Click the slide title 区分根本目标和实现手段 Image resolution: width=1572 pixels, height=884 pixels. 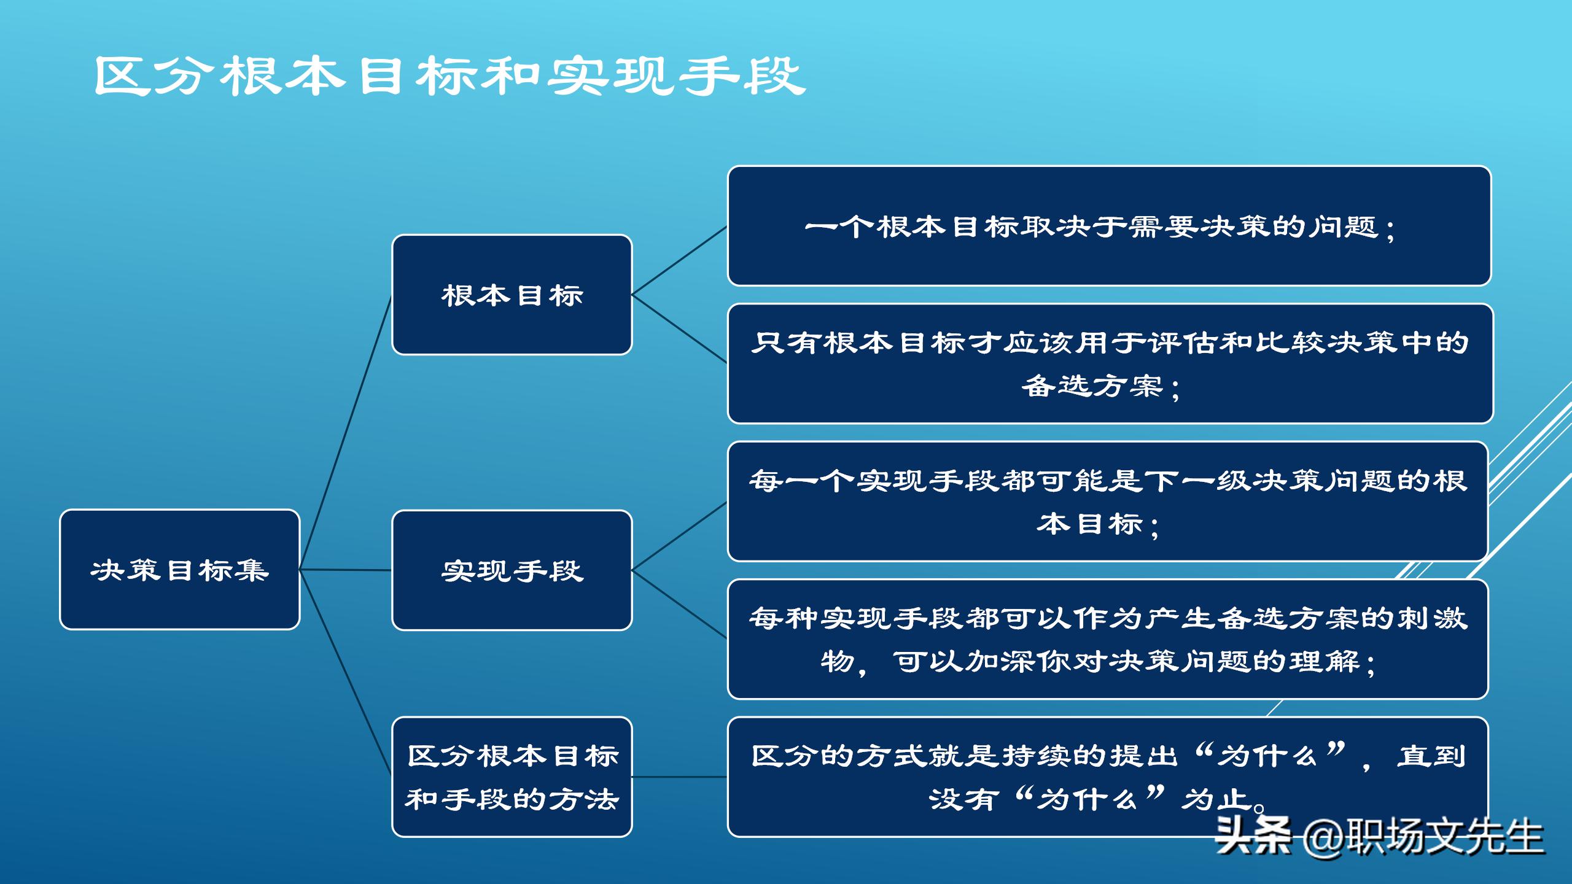449,76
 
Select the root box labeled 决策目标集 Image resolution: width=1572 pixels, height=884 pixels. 179,570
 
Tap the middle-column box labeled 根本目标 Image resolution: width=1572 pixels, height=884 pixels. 512,295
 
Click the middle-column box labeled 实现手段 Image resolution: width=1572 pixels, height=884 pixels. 512,570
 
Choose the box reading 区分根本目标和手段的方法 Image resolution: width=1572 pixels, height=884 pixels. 512,777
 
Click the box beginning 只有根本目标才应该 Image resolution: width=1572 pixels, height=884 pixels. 1109,363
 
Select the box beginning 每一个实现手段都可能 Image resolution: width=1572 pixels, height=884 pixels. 1107,501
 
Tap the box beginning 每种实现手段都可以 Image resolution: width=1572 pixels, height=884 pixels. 1107,639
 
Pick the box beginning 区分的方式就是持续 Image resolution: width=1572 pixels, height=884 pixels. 1107,777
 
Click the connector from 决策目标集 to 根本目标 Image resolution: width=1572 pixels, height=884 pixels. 346,433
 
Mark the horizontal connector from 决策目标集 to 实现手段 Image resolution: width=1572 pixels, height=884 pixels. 346,570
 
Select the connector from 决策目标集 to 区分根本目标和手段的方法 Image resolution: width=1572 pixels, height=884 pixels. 346,672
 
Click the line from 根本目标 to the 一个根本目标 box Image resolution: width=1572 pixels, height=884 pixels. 679,261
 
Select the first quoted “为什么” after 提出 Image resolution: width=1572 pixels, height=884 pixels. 1271,755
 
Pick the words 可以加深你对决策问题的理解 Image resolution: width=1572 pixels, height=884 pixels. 1127,662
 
